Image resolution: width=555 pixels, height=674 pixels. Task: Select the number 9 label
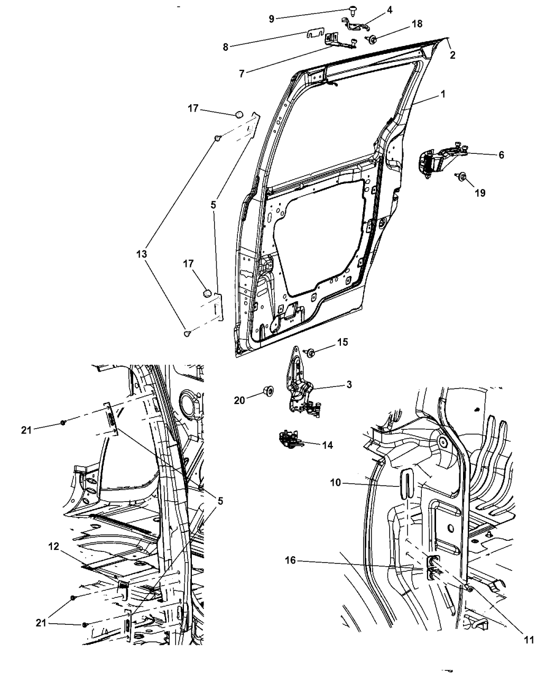click(x=271, y=19)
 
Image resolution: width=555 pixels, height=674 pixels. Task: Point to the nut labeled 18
click(x=372, y=39)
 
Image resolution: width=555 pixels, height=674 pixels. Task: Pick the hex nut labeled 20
click(x=268, y=392)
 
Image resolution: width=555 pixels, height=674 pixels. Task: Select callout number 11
click(x=529, y=640)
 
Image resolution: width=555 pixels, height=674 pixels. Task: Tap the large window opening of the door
click(x=349, y=116)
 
